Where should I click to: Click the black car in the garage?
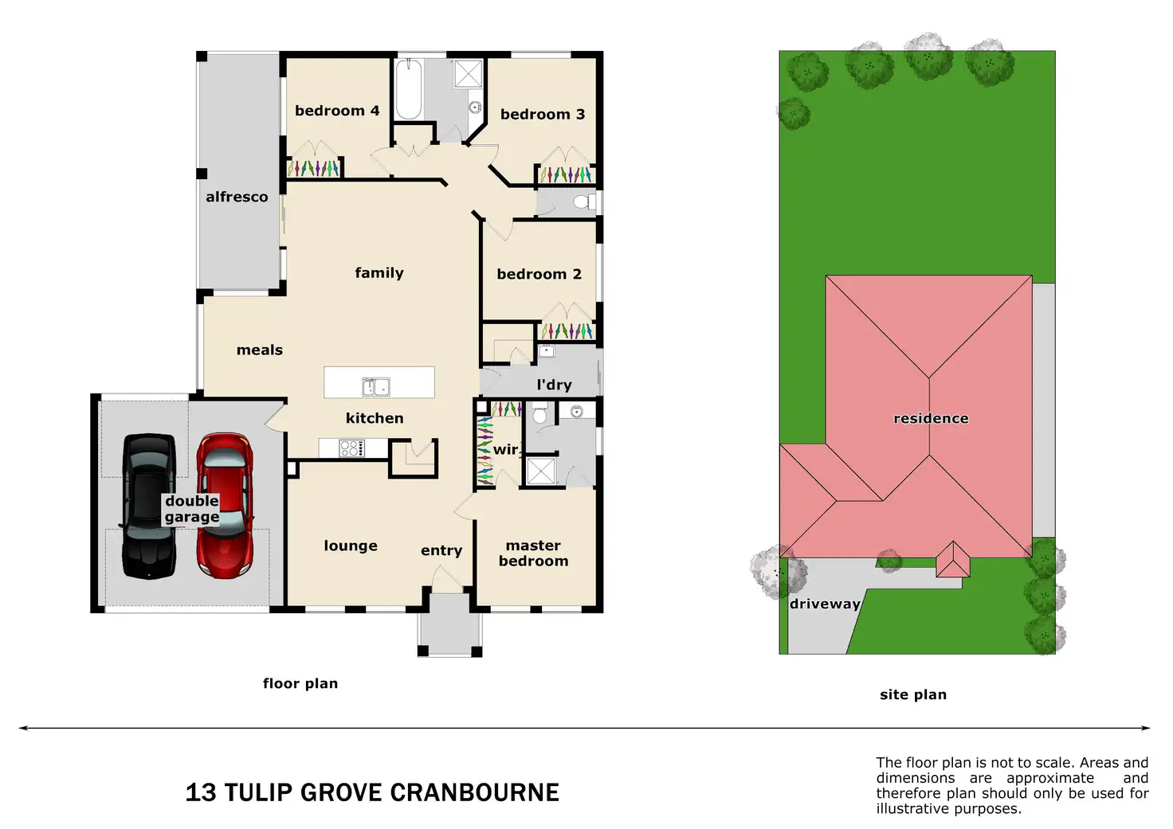pos(148,506)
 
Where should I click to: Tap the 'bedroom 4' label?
pos(337,111)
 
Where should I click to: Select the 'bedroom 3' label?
pos(543,115)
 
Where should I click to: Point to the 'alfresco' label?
pos(237,197)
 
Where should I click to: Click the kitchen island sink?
pos(376,387)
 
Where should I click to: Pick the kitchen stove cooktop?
pos(351,448)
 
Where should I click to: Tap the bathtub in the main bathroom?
pos(409,89)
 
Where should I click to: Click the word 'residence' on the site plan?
pos(931,418)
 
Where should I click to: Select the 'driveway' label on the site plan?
pos(825,604)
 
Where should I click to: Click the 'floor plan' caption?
pos(300,683)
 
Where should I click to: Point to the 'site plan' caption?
pos(913,694)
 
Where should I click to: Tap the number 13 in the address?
pos(201,792)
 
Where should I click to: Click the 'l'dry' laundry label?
pos(554,385)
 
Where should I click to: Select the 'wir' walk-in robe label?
pos(505,449)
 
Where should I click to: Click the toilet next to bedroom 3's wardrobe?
pos(583,201)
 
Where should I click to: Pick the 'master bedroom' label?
pos(533,553)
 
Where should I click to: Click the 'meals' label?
pos(260,350)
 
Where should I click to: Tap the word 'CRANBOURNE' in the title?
pos(475,792)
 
